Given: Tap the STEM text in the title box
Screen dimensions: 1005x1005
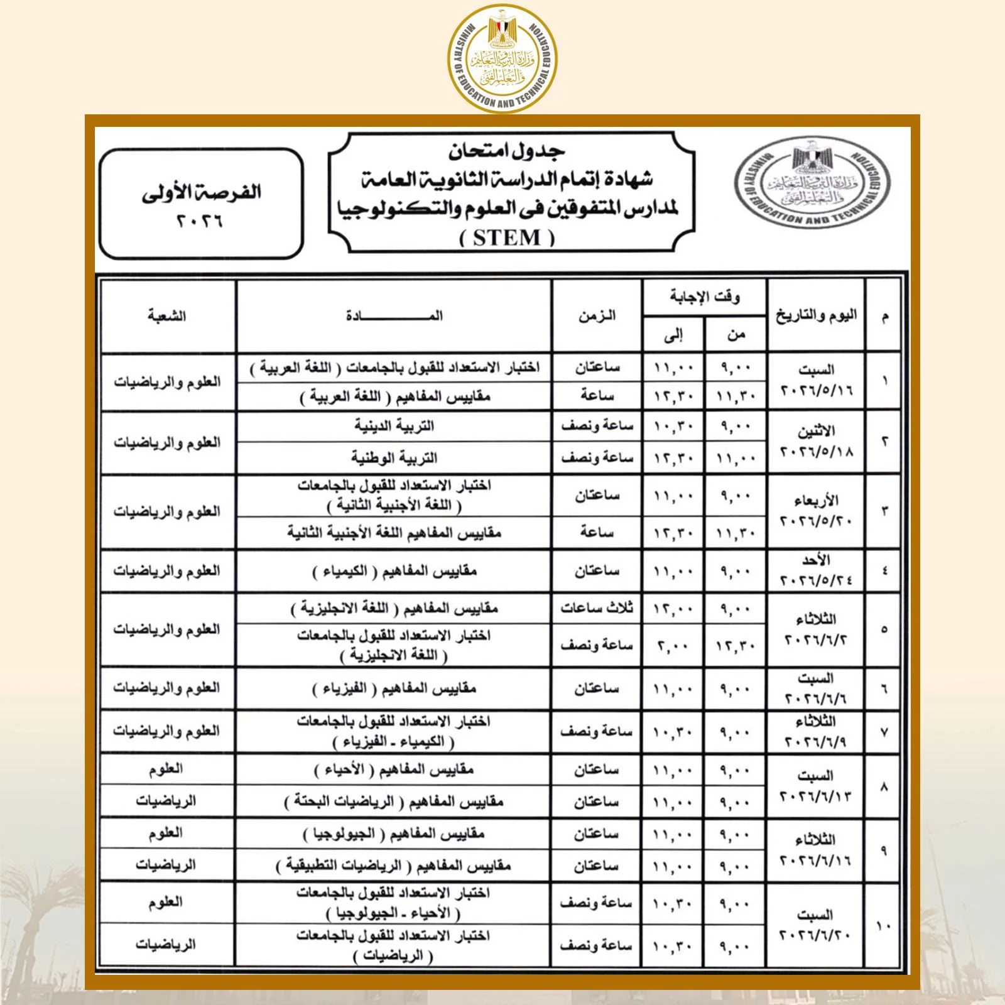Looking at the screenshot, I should (507, 238).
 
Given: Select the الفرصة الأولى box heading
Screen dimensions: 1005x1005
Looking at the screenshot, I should (201, 192).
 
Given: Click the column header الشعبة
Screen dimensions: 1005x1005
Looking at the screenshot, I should (167, 315).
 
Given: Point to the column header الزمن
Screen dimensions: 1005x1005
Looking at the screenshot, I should (597, 315).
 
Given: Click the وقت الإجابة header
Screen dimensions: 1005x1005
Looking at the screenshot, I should (704, 296).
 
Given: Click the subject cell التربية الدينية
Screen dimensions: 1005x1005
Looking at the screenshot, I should (394, 426).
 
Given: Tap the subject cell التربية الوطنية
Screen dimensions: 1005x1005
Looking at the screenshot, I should (394, 458).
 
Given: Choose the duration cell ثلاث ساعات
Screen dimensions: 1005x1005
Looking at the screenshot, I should (597, 608).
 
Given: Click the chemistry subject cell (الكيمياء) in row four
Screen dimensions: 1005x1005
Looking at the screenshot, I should (394, 571).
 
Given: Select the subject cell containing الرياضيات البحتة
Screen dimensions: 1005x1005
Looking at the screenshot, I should (394, 802).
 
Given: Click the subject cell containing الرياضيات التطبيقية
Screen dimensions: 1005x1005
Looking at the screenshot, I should (394, 866).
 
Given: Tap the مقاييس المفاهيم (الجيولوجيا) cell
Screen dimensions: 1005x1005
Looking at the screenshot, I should (394, 834).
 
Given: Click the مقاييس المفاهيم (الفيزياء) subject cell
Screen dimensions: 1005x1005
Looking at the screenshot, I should (394, 689).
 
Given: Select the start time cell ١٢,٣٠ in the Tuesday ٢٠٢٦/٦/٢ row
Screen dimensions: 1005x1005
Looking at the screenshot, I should (735, 646).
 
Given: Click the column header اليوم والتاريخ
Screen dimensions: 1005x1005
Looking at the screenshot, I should (816, 315).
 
